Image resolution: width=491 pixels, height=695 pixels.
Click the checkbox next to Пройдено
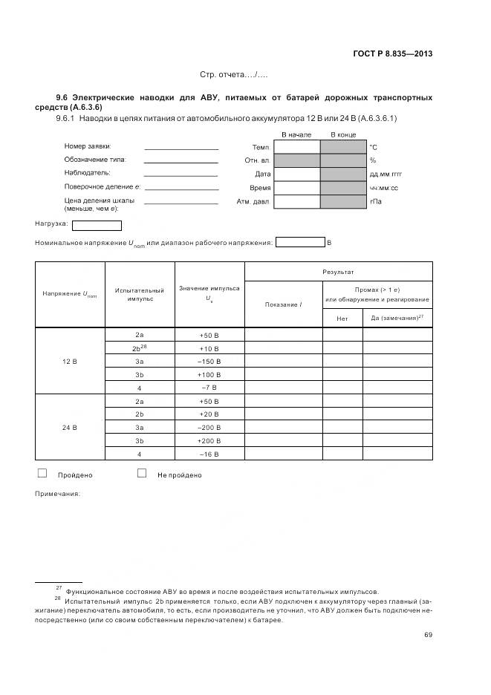tap(42, 473)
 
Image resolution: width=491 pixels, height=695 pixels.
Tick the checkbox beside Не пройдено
tap(142, 473)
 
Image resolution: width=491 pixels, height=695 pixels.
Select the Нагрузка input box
tap(97, 225)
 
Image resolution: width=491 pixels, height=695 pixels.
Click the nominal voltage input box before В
tap(299, 242)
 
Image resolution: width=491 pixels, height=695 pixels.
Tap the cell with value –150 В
tap(209, 362)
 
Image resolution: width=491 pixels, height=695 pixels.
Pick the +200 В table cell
tap(209, 441)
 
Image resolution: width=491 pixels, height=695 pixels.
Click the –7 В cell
tap(209, 388)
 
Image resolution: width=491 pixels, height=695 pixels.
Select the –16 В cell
tap(209, 454)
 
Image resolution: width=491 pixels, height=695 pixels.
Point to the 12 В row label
tap(70, 362)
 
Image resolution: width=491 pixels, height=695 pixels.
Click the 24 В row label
tap(70, 428)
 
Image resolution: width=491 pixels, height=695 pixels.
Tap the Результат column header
tap(338, 273)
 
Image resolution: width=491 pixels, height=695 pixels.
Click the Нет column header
tap(342, 319)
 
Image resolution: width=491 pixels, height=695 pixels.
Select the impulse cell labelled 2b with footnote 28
tap(139, 348)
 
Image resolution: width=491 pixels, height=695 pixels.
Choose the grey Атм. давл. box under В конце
tap(343, 201)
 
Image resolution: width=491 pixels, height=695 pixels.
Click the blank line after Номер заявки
tap(181, 149)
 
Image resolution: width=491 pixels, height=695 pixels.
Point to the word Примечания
tap(57, 494)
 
